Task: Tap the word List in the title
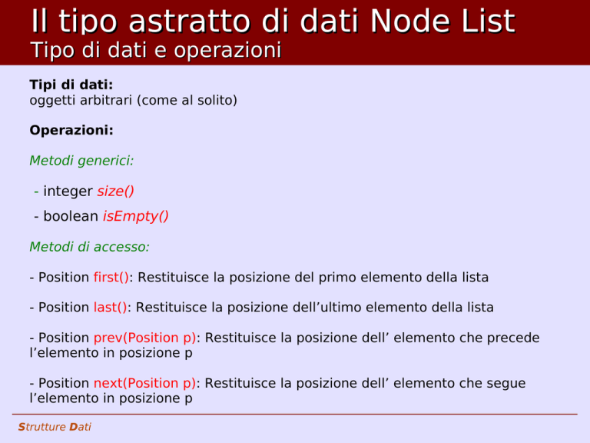[x=489, y=21]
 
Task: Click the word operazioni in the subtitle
[x=227, y=50]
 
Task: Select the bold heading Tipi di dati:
[x=71, y=85]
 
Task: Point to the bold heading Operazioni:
[x=71, y=130]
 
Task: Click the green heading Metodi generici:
[x=81, y=161]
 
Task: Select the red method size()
[x=115, y=192]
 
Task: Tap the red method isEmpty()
[x=135, y=217]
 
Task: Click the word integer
[x=68, y=192]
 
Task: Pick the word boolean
[x=71, y=216]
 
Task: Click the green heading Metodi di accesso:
[x=90, y=247]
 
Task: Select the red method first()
[x=111, y=278]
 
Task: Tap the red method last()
[x=111, y=308]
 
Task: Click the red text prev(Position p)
[x=145, y=338]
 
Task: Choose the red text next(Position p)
[x=145, y=384]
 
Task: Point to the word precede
[x=513, y=338]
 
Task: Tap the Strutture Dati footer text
[x=55, y=427]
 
